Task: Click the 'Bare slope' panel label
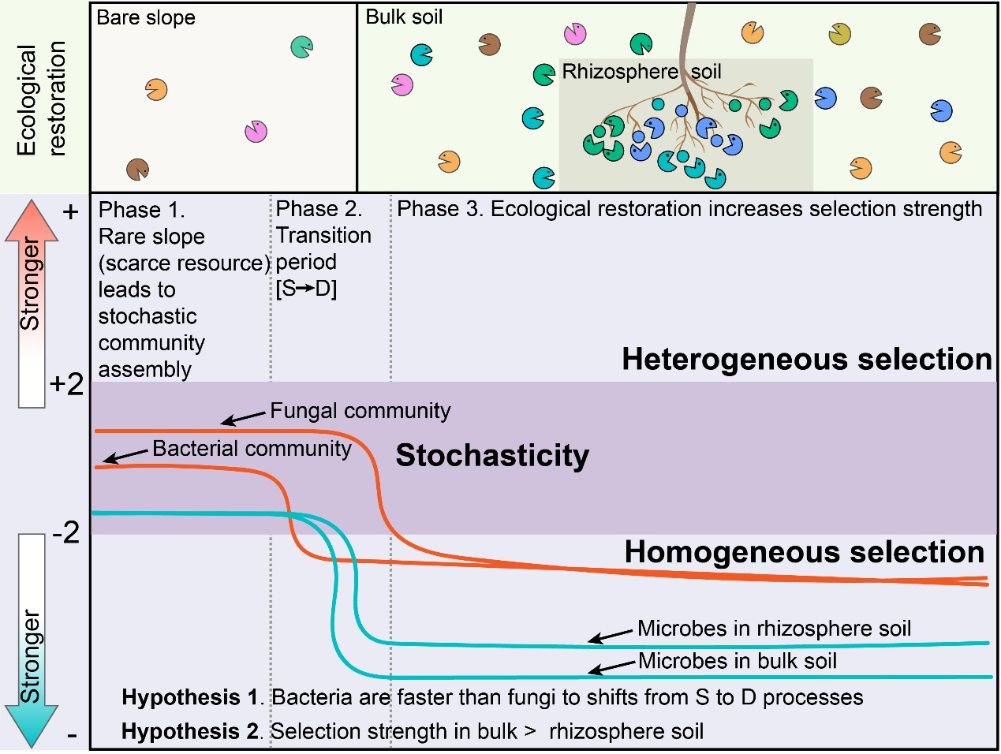(x=146, y=17)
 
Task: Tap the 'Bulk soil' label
(x=404, y=17)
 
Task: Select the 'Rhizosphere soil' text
(x=641, y=72)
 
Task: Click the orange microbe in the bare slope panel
(x=156, y=90)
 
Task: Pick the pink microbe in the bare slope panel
(x=256, y=131)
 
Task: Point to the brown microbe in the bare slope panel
(x=138, y=169)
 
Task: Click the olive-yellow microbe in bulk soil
(x=840, y=34)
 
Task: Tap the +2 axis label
(x=66, y=384)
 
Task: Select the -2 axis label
(x=66, y=532)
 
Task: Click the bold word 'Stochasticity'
(x=492, y=456)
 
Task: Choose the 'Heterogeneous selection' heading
(x=806, y=360)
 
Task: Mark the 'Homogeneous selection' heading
(x=804, y=552)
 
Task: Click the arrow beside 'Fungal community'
(x=243, y=417)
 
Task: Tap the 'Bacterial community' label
(x=252, y=449)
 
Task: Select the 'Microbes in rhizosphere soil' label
(x=774, y=629)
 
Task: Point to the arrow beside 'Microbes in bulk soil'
(x=611, y=668)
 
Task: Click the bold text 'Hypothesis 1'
(x=190, y=697)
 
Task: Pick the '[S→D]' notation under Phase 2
(x=306, y=289)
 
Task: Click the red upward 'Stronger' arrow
(x=32, y=304)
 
